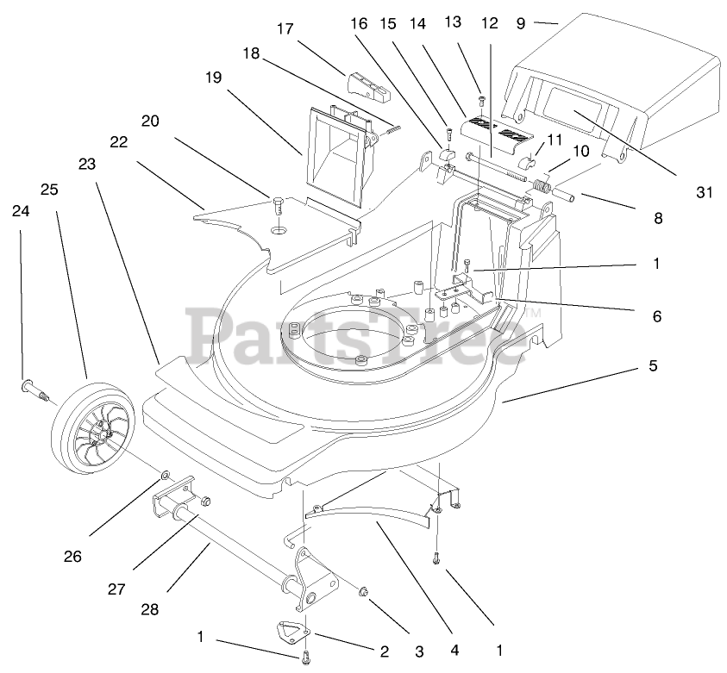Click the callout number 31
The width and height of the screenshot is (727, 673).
point(705,192)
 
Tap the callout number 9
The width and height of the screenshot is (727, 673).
point(520,23)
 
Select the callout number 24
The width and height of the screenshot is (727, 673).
point(20,209)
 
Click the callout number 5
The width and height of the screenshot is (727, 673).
point(653,365)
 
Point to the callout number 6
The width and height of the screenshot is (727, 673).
point(656,316)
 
